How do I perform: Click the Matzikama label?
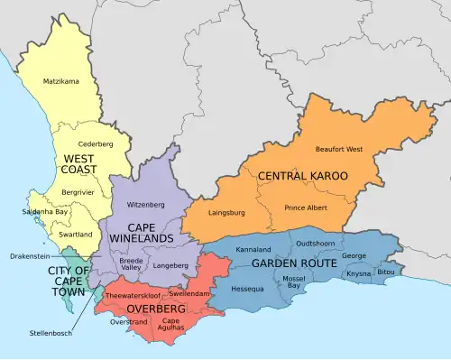point(61,82)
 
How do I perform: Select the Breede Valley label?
point(131,263)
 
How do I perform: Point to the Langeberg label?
point(171,265)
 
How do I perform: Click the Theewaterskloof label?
point(132,295)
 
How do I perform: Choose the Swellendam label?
point(189,295)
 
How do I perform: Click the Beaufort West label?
point(339,149)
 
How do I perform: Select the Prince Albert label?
point(307,208)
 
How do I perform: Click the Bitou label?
point(386,272)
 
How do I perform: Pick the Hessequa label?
point(248,290)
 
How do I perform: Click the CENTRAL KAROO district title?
point(302,176)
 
